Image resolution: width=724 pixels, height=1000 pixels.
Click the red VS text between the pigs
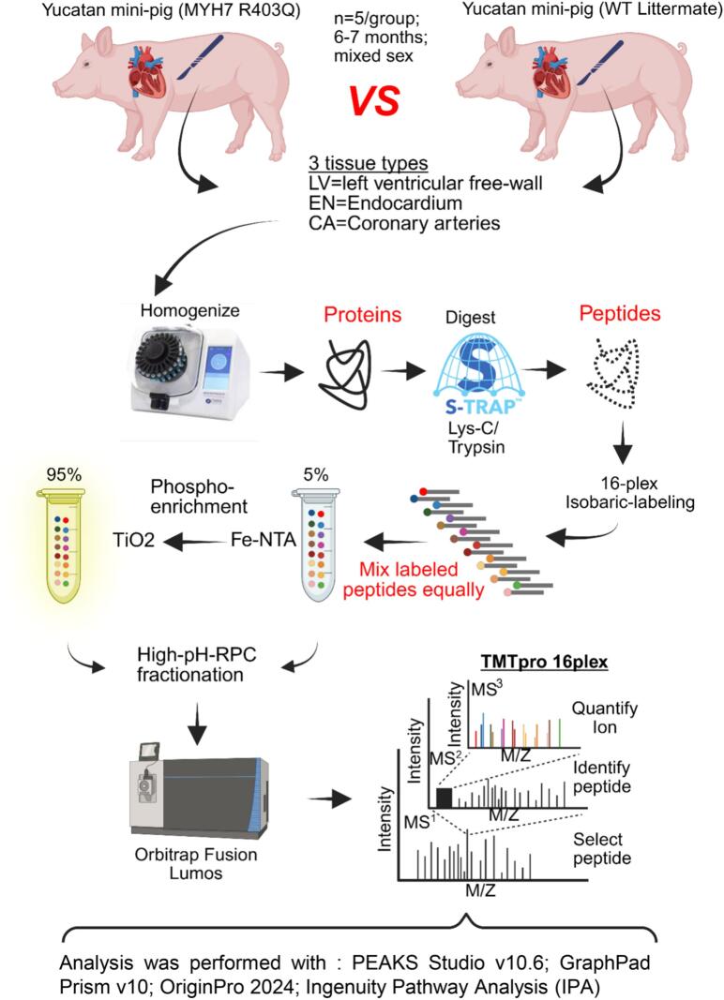point(374,101)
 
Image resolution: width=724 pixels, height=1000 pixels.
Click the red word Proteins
point(363,314)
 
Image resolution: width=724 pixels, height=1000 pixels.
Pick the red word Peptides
point(620,314)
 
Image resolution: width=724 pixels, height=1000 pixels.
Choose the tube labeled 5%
point(315,545)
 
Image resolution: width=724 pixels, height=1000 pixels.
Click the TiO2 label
point(133,541)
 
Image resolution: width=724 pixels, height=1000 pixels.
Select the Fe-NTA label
point(263,541)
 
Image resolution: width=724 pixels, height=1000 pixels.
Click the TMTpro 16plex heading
point(544,663)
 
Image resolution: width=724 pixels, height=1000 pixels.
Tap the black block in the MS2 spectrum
point(444,798)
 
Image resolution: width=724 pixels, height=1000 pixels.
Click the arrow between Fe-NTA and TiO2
point(193,542)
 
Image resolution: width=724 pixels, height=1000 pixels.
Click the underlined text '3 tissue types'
point(369,163)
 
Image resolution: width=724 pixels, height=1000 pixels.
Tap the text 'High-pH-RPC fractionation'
point(196,664)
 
